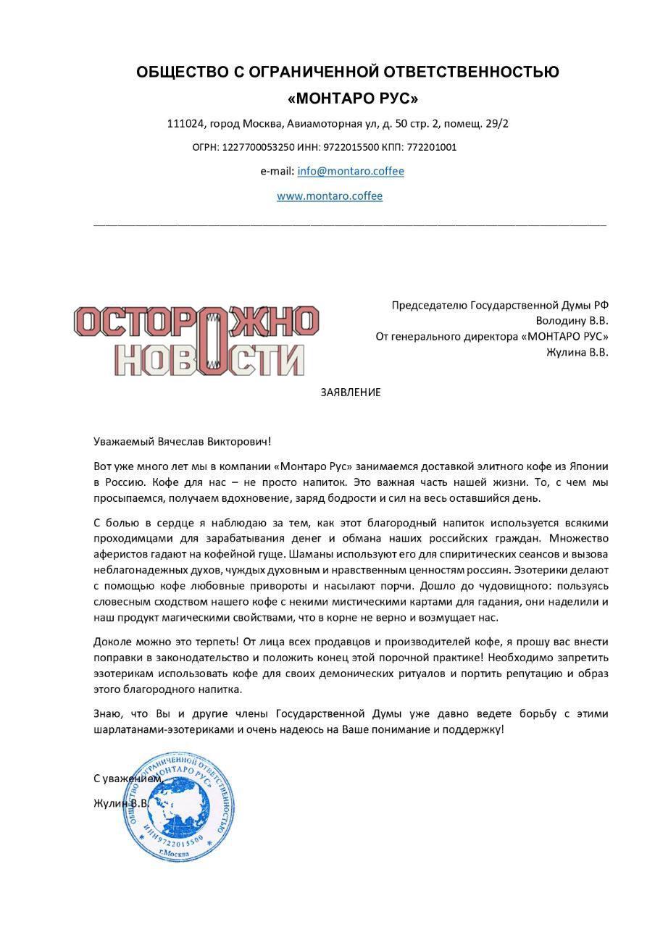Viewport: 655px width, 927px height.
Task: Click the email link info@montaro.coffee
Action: click(351, 172)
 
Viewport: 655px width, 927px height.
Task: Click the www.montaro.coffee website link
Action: click(330, 196)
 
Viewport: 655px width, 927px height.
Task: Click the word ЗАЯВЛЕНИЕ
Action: click(351, 393)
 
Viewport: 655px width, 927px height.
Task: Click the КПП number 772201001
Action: click(432, 147)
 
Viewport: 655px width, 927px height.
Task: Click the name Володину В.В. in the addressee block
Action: click(572, 320)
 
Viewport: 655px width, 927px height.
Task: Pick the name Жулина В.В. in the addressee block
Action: click(577, 353)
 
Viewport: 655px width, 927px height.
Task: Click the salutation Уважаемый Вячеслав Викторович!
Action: click(182, 441)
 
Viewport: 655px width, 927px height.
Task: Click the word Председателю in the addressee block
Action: click(430, 305)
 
